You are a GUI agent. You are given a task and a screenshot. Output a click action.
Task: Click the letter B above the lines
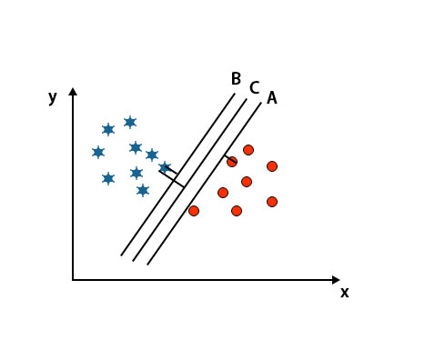coord(236,79)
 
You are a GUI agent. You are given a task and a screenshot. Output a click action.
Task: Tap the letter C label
coord(254,88)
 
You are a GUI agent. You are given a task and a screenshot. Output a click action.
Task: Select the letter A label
coord(272,98)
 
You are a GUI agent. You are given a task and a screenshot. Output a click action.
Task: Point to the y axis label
coord(53,96)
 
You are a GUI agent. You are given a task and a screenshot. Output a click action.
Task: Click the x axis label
coord(344,292)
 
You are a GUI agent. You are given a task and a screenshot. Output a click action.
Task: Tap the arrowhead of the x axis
coord(336,280)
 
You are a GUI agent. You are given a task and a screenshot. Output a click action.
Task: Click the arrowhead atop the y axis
coord(73,92)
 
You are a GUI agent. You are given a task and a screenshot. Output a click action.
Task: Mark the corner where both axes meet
coord(73,280)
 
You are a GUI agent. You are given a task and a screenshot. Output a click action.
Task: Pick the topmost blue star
coord(130,122)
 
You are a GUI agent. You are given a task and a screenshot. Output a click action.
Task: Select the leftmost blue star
coord(98,152)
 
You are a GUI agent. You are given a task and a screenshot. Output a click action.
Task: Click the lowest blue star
coord(143,190)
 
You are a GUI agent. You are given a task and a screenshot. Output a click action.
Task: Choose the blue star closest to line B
coord(165,167)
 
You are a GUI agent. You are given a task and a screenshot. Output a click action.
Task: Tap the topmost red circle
coord(248,150)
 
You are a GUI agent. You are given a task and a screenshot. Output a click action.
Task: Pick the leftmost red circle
coord(194,211)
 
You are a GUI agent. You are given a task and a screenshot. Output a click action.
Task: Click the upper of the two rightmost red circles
coord(272,166)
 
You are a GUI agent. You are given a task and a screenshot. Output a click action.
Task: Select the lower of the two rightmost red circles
coord(272,202)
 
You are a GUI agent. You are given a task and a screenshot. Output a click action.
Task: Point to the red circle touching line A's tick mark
coord(232,162)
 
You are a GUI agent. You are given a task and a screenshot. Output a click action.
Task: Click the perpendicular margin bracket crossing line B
coord(173,176)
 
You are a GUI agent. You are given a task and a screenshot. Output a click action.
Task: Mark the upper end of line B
coord(235,94)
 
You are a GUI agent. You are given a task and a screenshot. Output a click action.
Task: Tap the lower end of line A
coord(147,265)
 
